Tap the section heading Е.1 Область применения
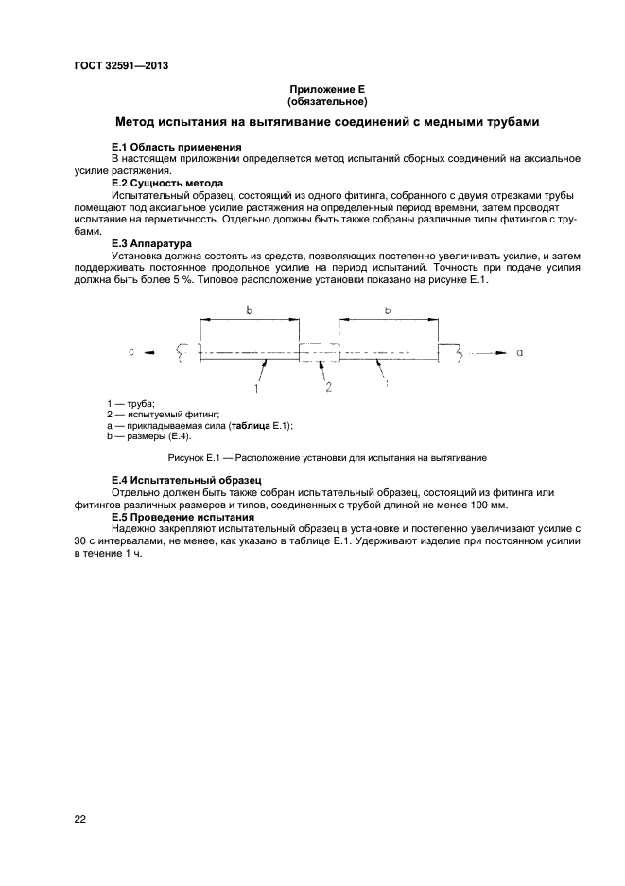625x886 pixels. click(x=176, y=148)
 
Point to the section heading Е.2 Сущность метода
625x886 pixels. click(x=167, y=183)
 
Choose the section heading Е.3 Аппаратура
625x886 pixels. click(x=152, y=242)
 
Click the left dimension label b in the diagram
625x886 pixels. click(x=249, y=310)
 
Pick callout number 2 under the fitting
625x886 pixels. click(x=327, y=387)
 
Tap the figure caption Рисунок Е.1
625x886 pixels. click(x=327, y=458)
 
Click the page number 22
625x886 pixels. click(x=80, y=819)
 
